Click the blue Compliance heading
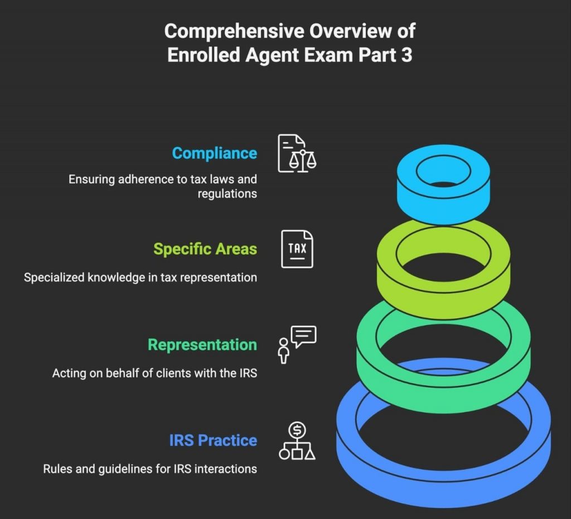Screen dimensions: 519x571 (214, 153)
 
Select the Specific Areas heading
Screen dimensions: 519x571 (205, 249)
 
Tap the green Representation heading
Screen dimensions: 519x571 (202, 345)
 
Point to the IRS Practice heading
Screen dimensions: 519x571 (213, 440)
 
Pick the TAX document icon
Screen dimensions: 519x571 (297, 249)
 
